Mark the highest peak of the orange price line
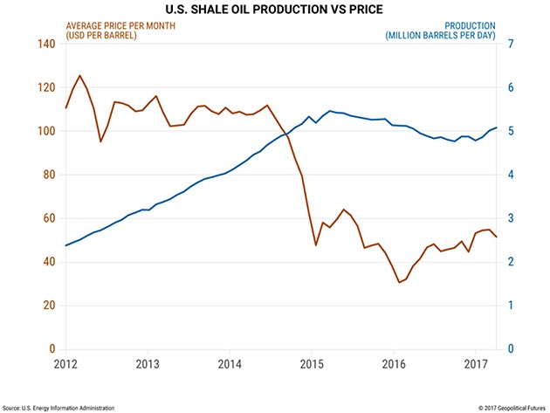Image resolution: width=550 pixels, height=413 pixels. [x=80, y=75]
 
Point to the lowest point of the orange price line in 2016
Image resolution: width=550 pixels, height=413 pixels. [x=399, y=282]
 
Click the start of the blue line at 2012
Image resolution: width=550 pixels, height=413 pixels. [x=65, y=245]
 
